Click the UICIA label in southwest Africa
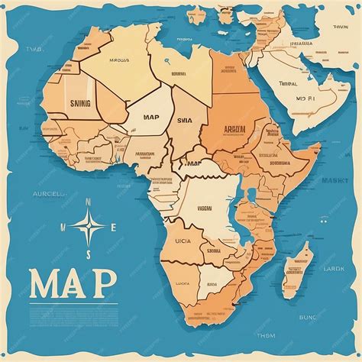[x=185, y=241]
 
